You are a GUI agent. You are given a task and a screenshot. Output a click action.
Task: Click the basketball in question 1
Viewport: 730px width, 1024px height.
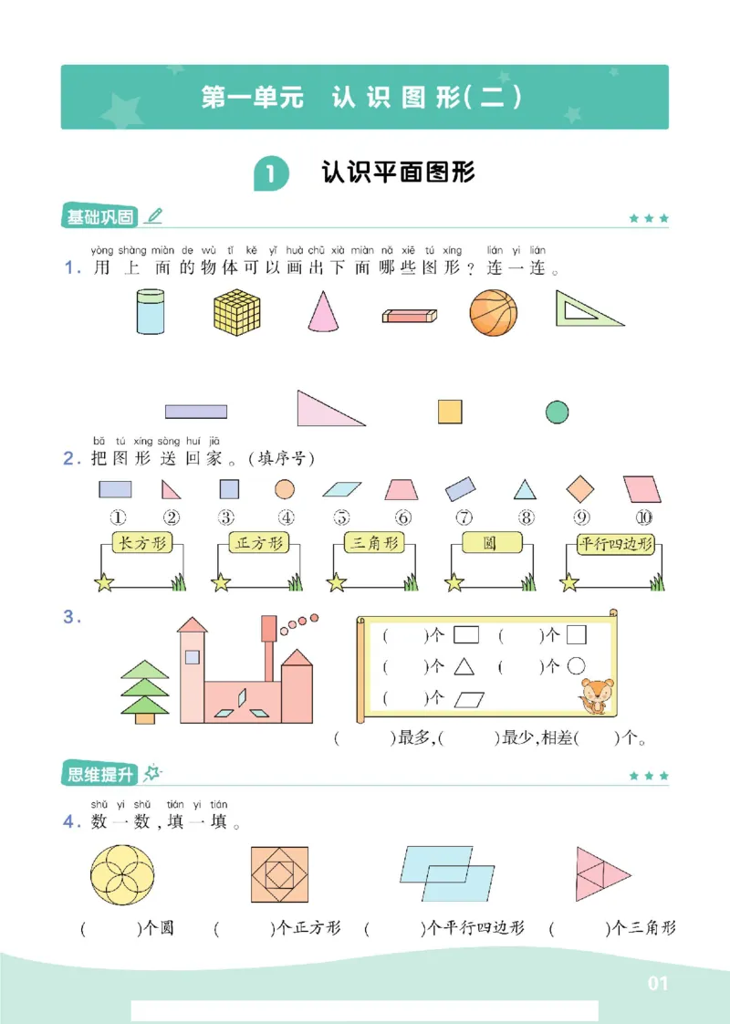[x=493, y=312]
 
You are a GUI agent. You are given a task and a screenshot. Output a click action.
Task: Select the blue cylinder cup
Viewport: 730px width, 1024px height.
[x=150, y=312]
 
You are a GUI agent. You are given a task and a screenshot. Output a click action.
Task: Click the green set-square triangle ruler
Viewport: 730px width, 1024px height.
[x=584, y=310]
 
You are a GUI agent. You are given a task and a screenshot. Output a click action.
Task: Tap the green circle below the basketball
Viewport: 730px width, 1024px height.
[x=557, y=413]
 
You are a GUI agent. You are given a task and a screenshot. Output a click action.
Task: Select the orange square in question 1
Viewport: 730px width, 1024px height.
[x=450, y=411]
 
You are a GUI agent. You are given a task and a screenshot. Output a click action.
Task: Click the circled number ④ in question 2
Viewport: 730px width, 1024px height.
[x=286, y=517]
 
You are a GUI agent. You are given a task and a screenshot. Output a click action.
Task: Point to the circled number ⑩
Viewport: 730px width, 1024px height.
[x=643, y=517]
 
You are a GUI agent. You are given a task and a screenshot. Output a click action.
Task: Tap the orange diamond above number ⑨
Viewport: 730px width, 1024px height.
[x=579, y=489]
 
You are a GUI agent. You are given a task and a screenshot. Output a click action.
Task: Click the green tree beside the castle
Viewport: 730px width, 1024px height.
[x=146, y=689]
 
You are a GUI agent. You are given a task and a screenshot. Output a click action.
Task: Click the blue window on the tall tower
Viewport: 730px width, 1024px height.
[x=192, y=656]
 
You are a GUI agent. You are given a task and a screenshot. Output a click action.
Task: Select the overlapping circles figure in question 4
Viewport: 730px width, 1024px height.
[x=123, y=874]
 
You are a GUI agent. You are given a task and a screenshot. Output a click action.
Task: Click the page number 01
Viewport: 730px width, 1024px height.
[x=658, y=983]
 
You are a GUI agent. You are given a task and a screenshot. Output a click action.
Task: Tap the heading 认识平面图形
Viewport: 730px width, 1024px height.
[x=398, y=172]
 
